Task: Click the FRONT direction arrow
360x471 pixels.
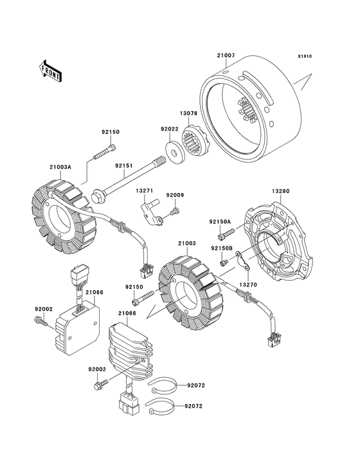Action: click(x=50, y=71)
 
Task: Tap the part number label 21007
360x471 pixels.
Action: click(x=226, y=55)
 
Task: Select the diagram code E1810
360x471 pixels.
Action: click(x=305, y=56)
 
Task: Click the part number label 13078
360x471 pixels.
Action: click(x=188, y=113)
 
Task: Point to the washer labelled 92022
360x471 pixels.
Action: click(x=174, y=152)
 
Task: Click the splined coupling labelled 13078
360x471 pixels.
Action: click(x=194, y=140)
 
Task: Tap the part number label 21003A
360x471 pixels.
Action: click(x=60, y=167)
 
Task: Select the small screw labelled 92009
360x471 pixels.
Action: click(x=175, y=211)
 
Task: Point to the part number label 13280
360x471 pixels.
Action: click(x=280, y=191)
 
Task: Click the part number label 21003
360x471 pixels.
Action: click(x=187, y=243)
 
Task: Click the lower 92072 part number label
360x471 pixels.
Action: click(x=194, y=406)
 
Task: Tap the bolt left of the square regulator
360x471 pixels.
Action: click(x=40, y=322)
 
